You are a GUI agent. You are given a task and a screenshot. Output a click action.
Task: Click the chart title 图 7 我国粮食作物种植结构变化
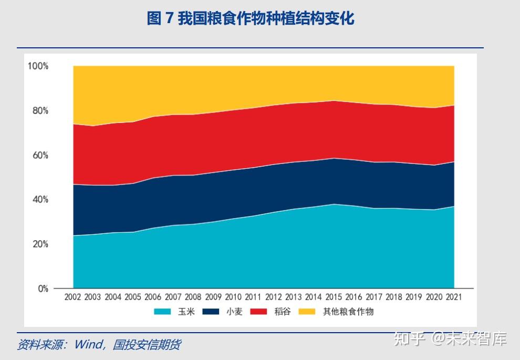[x=251, y=19]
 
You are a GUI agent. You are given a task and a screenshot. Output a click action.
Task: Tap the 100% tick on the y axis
[x=38, y=66]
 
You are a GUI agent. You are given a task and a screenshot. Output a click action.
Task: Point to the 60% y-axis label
[x=40, y=155]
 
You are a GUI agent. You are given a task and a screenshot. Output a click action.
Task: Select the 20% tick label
[x=40, y=244]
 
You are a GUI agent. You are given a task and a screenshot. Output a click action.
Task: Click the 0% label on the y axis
[x=42, y=289]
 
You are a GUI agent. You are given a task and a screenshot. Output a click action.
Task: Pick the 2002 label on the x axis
[x=72, y=297]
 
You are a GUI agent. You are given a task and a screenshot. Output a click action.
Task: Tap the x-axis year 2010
[x=233, y=297]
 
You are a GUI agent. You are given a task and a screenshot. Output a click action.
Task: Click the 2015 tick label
[x=334, y=297]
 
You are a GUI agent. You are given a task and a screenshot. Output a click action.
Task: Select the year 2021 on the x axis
[x=454, y=297]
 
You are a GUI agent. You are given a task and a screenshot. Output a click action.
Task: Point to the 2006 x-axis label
[x=153, y=297]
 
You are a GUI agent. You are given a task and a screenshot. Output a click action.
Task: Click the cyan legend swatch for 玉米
[x=162, y=312]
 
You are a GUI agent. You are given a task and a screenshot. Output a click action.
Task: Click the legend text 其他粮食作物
[x=348, y=312]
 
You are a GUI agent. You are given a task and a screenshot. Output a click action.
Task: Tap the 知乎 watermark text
[x=410, y=339]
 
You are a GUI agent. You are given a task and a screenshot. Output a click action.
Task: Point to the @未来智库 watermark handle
[x=469, y=339]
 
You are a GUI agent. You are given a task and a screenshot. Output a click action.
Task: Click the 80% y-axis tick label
[x=40, y=110]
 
